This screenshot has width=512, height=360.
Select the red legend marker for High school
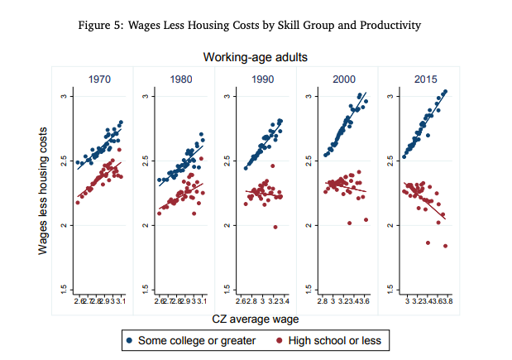pos(280,339)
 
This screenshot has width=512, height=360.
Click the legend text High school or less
pos(333,339)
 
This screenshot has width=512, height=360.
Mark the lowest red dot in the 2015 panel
pos(445,246)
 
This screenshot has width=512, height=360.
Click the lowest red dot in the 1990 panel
pos(275,227)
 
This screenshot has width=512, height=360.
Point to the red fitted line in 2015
pos(426,200)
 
